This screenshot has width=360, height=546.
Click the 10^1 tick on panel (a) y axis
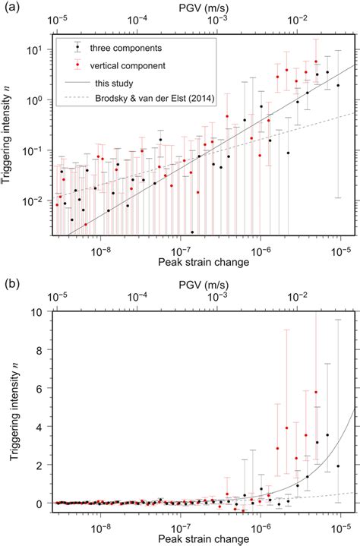coord(39,49)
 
